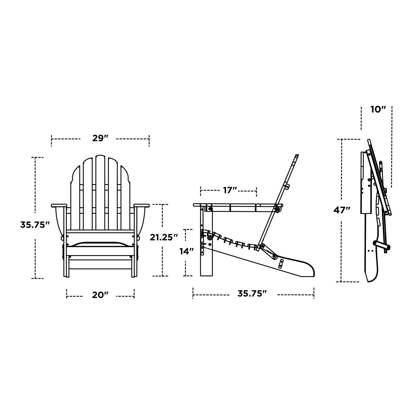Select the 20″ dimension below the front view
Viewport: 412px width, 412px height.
pyautogui.click(x=100, y=295)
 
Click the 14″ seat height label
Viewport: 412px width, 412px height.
pyautogui.click(x=187, y=251)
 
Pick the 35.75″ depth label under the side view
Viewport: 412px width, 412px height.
pyautogui.click(x=252, y=294)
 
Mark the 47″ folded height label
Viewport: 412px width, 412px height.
pyautogui.click(x=342, y=210)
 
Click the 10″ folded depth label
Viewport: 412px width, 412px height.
pyautogui.click(x=378, y=110)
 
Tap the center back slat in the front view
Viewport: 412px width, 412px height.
pyautogui.click(x=100, y=192)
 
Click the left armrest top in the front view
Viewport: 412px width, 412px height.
pyautogui.click(x=59, y=205)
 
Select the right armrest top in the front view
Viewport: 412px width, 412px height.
pyautogui.click(x=141, y=205)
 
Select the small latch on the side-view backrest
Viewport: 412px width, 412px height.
pyautogui.click(x=287, y=186)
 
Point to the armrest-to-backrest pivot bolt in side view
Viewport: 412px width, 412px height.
pyautogui.click(x=277, y=210)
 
